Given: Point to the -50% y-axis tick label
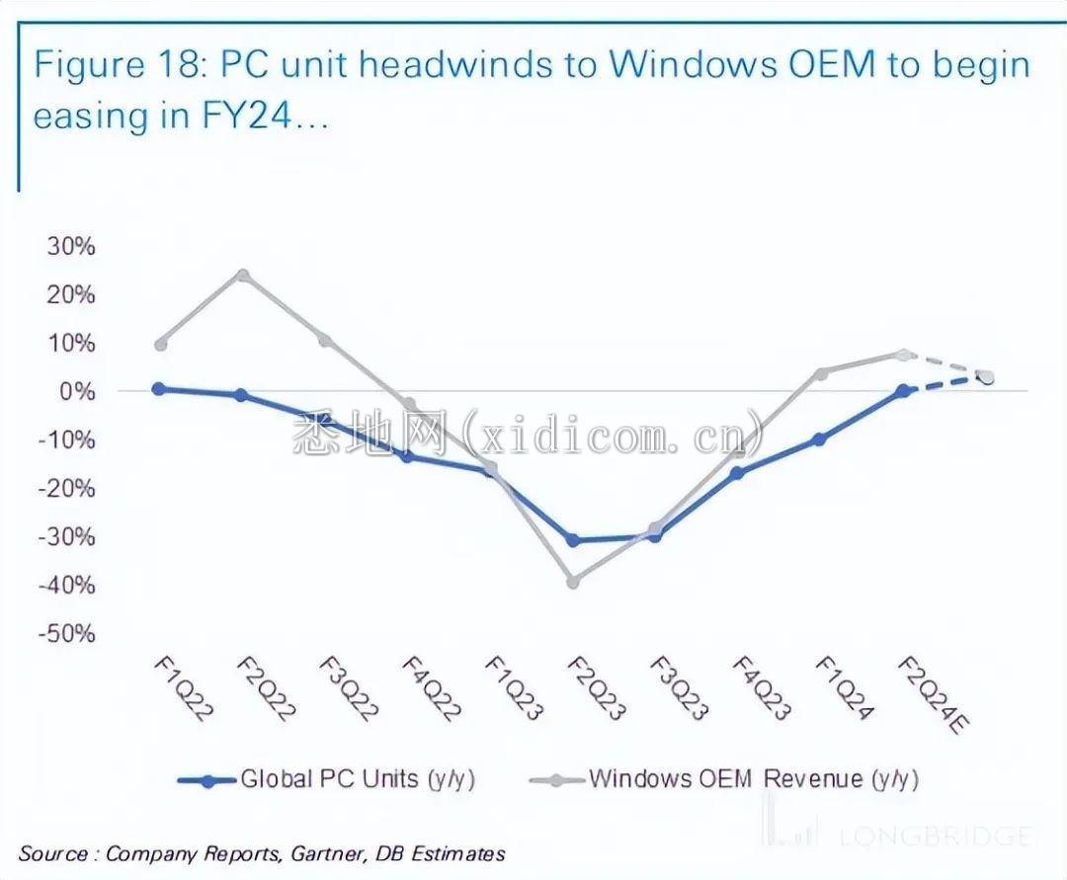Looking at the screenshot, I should [67, 633].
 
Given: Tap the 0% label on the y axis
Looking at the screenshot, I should [78, 391].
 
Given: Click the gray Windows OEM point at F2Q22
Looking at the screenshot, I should [242, 276].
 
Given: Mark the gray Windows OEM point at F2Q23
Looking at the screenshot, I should [573, 582].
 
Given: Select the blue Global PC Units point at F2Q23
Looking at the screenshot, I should [573, 540].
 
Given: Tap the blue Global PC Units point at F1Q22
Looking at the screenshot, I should [159, 389].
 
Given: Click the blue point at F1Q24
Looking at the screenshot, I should [819, 440].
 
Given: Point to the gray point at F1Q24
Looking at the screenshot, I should [820, 373].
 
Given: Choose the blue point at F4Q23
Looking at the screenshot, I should [737, 473].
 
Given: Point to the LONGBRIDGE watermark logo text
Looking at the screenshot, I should [934, 837].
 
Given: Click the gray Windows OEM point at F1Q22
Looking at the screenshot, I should [160, 345].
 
